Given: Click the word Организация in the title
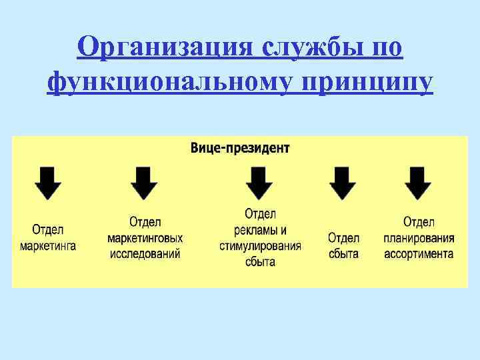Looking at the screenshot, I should click(x=165, y=47).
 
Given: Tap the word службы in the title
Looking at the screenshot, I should click(x=313, y=47).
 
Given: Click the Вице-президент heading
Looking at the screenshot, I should click(x=240, y=147).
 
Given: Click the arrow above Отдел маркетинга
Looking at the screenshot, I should click(x=47, y=183).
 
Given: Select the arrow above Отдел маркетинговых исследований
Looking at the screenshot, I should click(x=145, y=183).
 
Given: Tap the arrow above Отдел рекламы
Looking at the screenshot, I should click(x=259, y=183).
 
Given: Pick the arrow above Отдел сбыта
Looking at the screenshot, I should click(x=343, y=183).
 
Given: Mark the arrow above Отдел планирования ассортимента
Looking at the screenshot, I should click(x=419, y=183).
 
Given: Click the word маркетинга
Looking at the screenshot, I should click(x=48, y=245).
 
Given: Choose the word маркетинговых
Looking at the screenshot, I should click(x=145, y=237).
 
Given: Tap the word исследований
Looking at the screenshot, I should click(x=145, y=253).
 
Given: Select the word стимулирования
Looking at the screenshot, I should click(x=260, y=245).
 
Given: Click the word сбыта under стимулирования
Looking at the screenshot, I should click(x=260, y=261).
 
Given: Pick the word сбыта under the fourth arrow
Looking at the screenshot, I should click(x=343, y=253).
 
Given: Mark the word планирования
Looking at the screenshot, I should click(x=419, y=237).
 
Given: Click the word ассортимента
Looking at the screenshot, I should click(x=419, y=253).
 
